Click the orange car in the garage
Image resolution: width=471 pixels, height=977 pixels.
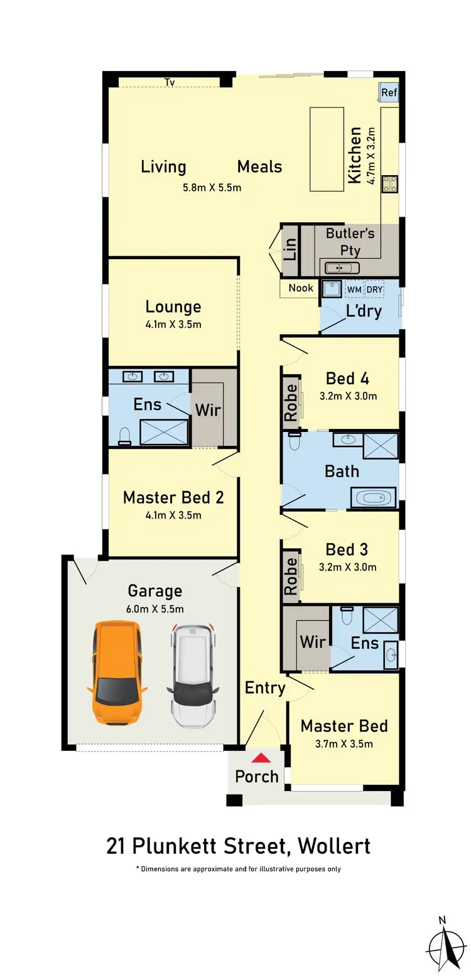(x=117, y=671)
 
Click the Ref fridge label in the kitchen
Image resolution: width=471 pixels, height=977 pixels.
(x=389, y=92)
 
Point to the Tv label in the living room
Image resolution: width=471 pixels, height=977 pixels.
(x=170, y=82)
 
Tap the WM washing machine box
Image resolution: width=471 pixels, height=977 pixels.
(x=354, y=289)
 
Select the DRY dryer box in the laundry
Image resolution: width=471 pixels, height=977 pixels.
(x=375, y=289)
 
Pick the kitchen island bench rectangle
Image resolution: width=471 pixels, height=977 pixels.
(x=327, y=149)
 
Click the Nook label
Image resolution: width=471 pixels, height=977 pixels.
(x=301, y=288)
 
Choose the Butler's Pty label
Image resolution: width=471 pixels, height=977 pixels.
(x=350, y=242)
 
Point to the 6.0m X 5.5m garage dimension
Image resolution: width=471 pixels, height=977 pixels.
(x=155, y=608)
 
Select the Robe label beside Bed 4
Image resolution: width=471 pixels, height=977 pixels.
(x=291, y=402)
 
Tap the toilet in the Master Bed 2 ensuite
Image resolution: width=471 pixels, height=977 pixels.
(x=124, y=436)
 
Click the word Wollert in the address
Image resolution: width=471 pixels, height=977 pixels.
(x=333, y=846)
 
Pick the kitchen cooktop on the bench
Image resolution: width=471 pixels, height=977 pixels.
(x=390, y=184)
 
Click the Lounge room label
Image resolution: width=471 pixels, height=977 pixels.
(x=173, y=306)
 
